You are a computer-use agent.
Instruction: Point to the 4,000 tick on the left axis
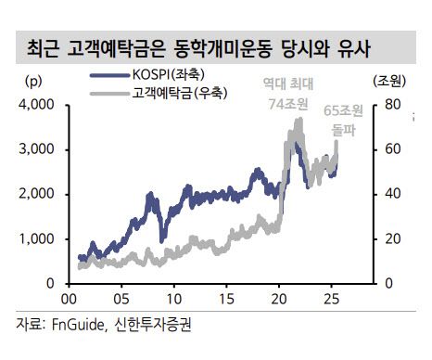[x=38, y=104]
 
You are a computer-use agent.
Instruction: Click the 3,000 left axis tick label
[x=38, y=148]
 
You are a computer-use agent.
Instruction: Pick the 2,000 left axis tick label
[x=38, y=193]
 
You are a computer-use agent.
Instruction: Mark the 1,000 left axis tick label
[x=38, y=238]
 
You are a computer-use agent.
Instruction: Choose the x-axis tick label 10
[x=173, y=301]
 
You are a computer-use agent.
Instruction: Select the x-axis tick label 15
[x=226, y=301]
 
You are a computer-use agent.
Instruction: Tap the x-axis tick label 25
[x=332, y=301]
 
